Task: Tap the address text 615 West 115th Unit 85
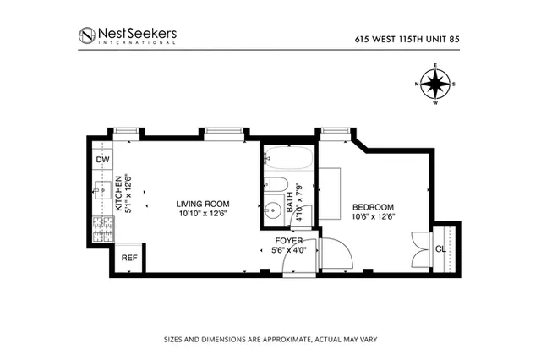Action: click(x=407, y=37)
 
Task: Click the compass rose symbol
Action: click(x=435, y=84)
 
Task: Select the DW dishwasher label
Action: click(x=102, y=160)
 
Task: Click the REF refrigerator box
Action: click(x=129, y=258)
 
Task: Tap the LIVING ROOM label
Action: click(x=203, y=205)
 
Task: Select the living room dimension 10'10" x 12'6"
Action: click(x=203, y=215)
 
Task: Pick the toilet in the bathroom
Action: click(x=276, y=185)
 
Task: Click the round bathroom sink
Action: click(x=272, y=211)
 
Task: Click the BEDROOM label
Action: click(x=373, y=207)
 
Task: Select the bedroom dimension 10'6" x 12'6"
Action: click(x=373, y=217)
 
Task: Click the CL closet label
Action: click(x=440, y=248)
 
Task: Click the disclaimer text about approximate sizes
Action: click(x=270, y=341)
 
